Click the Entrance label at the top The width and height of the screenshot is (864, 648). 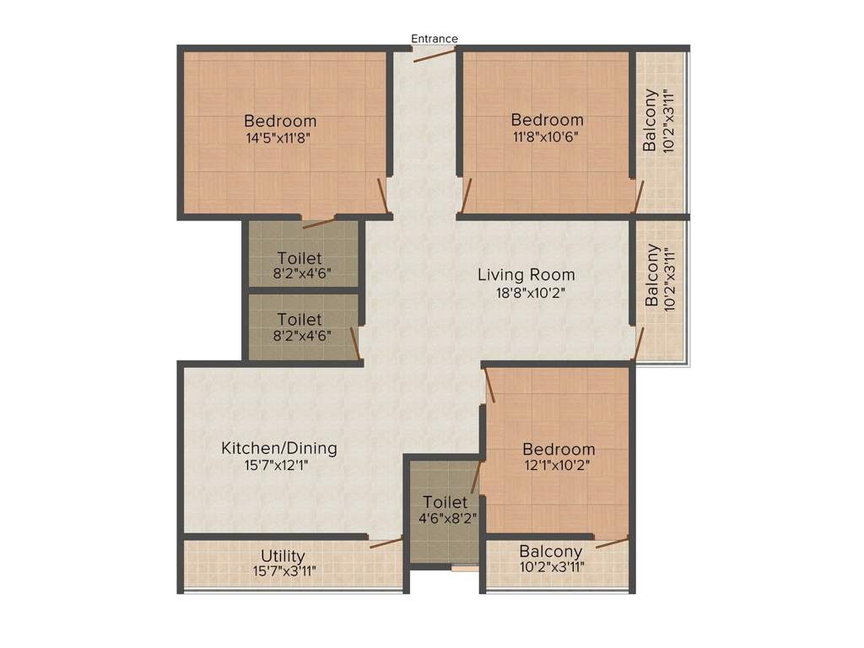click(435, 39)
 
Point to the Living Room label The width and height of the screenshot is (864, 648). click(526, 274)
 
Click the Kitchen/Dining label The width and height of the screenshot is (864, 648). click(278, 448)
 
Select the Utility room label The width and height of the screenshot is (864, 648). click(283, 556)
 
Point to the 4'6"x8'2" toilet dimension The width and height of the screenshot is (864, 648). click(445, 518)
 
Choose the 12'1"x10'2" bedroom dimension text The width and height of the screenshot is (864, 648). click(559, 466)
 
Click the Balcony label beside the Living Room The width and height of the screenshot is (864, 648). click(651, 275)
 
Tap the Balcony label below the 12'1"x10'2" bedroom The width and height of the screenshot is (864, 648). click(551, 551)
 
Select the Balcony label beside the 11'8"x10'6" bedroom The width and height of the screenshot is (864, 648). click(650, 120)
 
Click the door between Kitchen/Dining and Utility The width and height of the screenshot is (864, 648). click(386, 542)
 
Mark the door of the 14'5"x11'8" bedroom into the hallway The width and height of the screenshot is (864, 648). click(382, 195)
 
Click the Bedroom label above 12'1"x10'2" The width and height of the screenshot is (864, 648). click(559, 449)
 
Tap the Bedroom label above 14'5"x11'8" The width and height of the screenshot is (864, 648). click(280, 120)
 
